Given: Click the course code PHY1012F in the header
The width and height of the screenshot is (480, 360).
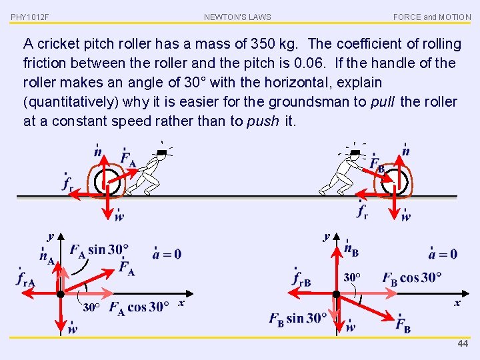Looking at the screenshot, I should (30, 17).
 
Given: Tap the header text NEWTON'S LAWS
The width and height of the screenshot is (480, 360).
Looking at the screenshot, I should (237, 17).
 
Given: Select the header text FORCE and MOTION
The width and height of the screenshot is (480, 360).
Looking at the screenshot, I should (432, 17).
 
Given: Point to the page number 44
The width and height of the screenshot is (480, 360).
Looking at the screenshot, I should (463, 343).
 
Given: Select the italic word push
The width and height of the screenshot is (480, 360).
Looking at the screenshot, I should (263, 121).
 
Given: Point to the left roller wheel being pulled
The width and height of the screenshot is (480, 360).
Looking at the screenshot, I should (109, 182).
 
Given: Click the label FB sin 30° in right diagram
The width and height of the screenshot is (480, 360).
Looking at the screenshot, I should (298, 318).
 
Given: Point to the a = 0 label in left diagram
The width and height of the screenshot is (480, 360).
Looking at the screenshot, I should (167, 253).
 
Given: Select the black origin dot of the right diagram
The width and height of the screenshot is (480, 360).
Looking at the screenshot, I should (336, 294).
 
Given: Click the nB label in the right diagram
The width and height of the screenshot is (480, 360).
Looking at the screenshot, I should (351, 250).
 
